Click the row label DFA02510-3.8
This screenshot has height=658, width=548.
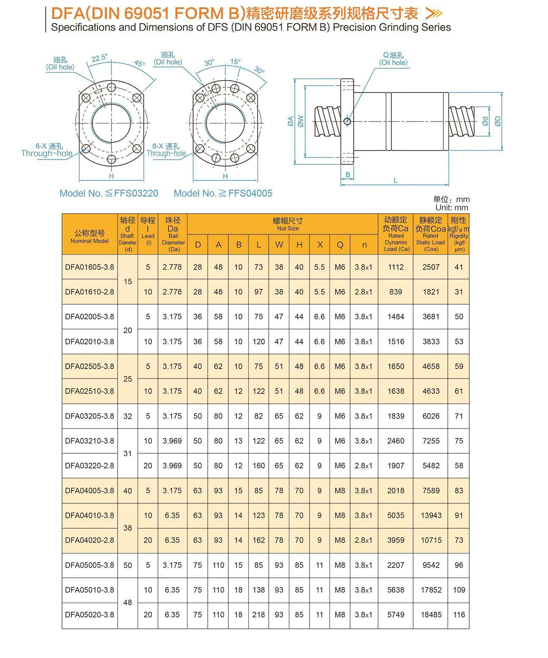89,391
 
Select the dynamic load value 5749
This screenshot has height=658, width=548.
395,615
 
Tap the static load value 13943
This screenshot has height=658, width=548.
431,515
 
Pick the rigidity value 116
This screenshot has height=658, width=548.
458,615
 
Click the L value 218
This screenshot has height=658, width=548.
258,615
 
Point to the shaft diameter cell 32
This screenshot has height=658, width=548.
128,416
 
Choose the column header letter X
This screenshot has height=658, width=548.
320,245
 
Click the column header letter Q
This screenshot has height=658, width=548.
340,245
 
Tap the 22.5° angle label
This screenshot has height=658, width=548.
99,58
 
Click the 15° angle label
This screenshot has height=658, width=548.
235,62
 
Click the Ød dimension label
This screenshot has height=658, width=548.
485,121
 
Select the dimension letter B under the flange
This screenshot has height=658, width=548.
348,175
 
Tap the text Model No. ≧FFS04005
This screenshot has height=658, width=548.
223,193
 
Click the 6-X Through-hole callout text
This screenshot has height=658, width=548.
47,150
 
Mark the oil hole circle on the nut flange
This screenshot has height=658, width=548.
347,122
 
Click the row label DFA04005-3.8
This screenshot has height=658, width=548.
89,491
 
